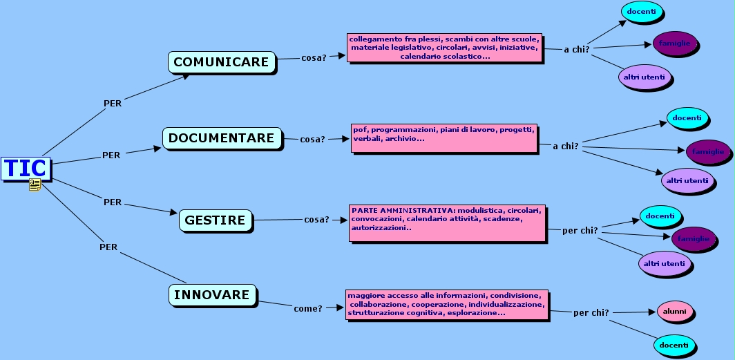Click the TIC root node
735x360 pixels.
26,168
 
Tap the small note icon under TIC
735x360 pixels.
35,184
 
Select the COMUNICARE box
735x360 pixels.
221,62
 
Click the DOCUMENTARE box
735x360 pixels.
222,138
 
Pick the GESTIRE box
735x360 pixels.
215,220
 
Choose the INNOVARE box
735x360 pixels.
211,295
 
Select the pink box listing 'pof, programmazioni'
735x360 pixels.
444,138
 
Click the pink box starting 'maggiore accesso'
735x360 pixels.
447,305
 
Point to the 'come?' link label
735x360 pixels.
308,308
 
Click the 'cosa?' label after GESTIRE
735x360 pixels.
316,220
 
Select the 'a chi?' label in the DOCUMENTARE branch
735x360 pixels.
565,146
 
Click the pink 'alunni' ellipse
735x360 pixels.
674,312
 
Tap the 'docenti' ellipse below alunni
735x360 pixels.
673,345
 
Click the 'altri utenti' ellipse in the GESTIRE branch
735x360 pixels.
665,263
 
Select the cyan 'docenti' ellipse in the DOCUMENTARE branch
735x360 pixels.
687,118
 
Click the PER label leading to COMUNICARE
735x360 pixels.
113,104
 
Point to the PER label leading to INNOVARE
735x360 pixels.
108,247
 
